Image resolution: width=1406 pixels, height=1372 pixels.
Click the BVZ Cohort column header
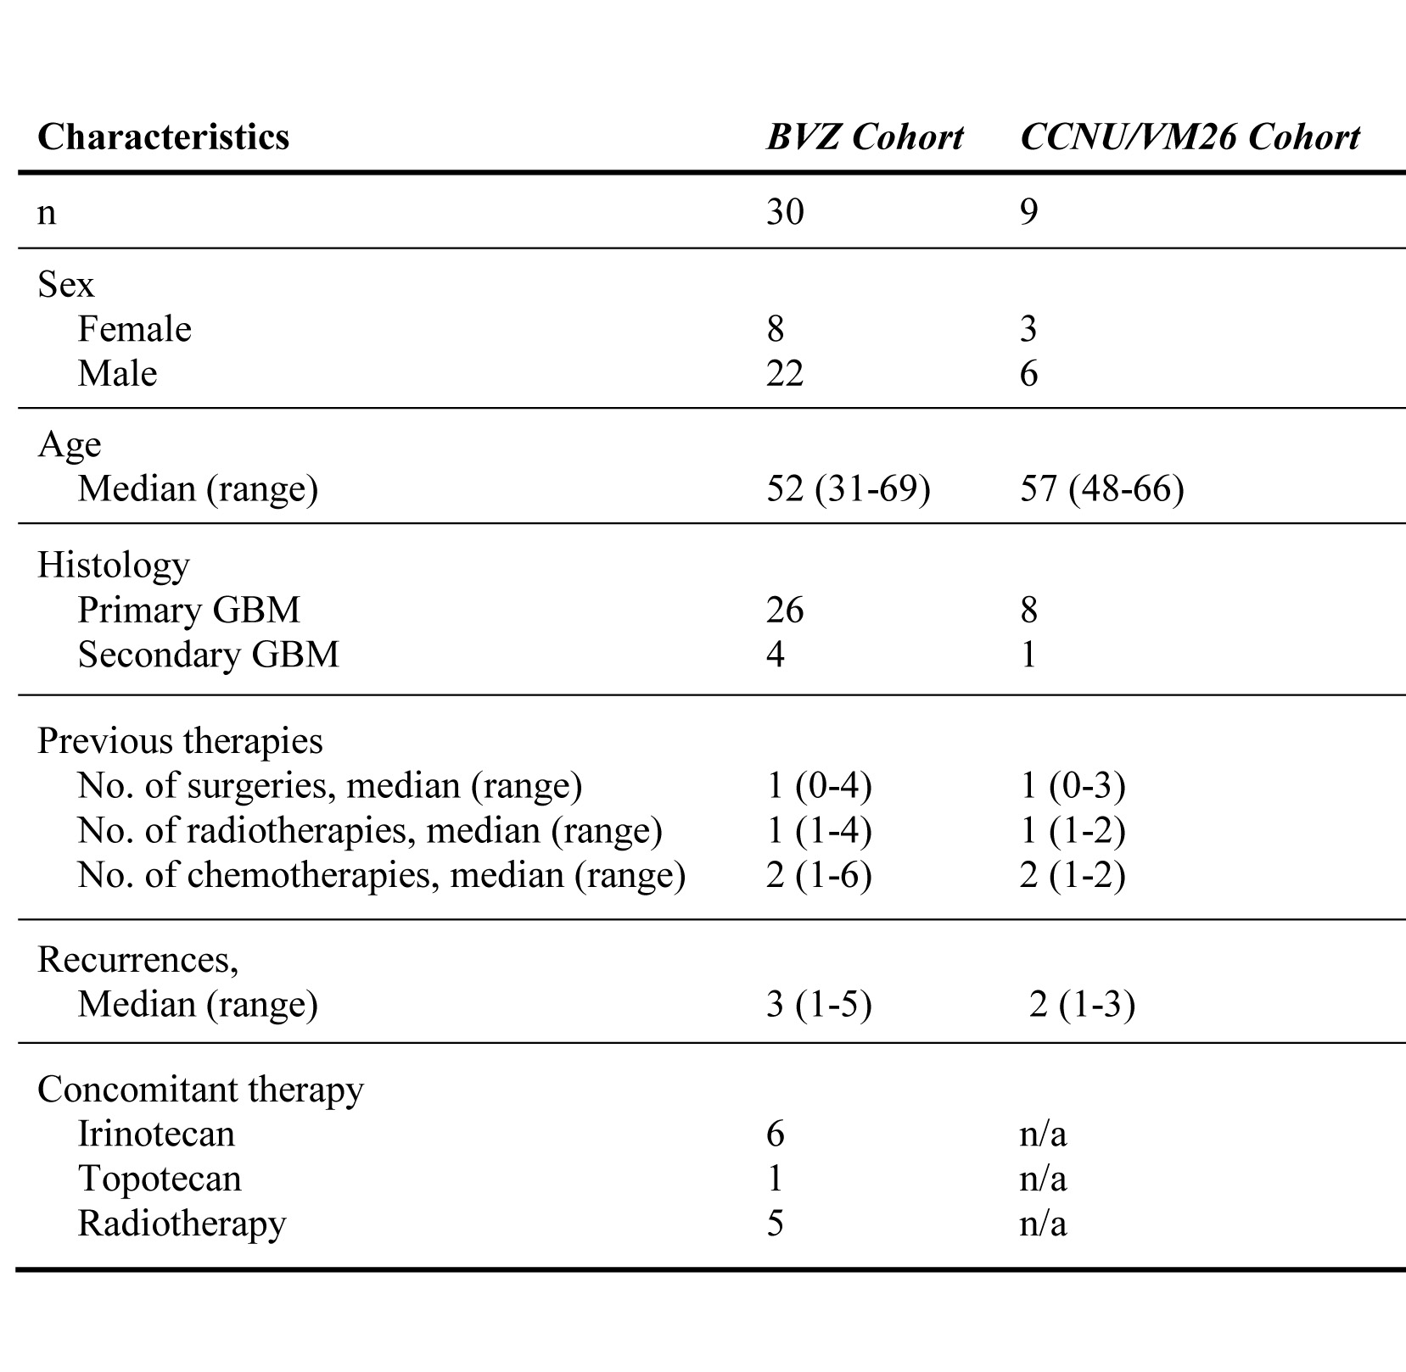pyautogui.click(x=864, y=137)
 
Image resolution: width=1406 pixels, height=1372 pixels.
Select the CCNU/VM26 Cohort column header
pyautogui.click(x=1190, y=137)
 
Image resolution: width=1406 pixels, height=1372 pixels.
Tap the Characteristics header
pyautogui.click(x=163, y=137)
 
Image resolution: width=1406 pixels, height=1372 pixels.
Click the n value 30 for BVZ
pyautogui.click(x=784, y=210)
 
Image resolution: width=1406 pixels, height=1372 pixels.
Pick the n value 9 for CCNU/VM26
pyautogui.click(x=1028, y=210)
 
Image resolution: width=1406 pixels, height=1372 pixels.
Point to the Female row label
pyautogui.click(x=134, y=329)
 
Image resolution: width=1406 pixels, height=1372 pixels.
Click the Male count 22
pyautogui.click(x=784, y=373)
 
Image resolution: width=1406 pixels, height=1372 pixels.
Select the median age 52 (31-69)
pyautogui.click(x=848, y=488)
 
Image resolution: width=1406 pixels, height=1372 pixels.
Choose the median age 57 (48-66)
pyautogui.click(x=1101, y=488)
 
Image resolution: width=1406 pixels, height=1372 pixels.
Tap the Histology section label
pyautogui.click(x=113, y=565)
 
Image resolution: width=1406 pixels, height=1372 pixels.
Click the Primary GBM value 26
pyautogui.click(x=784, y=610)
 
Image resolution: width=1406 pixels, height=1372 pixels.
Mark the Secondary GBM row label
pyautogui.click(x=208, y=655)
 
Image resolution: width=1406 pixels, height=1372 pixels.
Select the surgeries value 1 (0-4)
pyautogui.click(x=819, y=785)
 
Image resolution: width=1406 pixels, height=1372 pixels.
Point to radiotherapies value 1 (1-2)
pyautogui.click(x=1073, y=830)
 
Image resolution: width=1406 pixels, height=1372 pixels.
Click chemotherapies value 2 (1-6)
pyautogui.click(x=819, y=875)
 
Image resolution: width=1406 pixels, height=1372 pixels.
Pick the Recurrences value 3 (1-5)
pyautogui.click(x=819, y=1004)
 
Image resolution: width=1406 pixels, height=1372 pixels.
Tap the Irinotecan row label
pyautogui.click(x=156, y=1134)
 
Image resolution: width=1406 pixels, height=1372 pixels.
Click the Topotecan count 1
pyautogui.click(x=775, y=1179)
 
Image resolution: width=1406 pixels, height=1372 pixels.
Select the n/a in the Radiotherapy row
pyautogui.click(x=1043, y=1224)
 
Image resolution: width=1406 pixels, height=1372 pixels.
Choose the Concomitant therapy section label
pyautogui.click(x=200, y=1089)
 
